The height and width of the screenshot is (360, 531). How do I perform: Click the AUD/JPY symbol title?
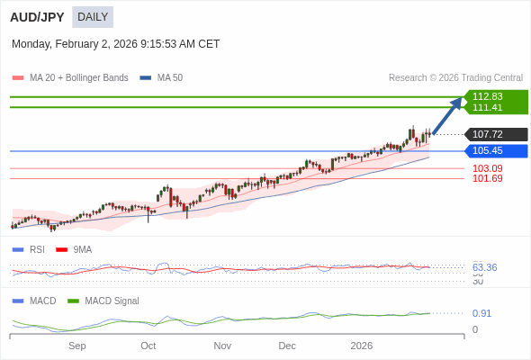(x=37, y=17)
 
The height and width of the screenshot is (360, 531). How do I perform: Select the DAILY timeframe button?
(x=93, y=17)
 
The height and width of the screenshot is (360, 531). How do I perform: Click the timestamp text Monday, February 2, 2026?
(x=115, y=44)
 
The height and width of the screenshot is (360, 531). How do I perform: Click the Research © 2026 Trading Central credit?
(x=455, y=78)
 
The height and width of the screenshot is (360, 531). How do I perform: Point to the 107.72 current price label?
(x=488, y=134)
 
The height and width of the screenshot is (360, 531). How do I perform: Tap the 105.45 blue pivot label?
(x=488, y=151)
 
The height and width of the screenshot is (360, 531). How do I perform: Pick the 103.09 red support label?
(x=487, y=168)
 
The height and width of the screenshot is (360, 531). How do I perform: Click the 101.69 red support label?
(x=487, y=178)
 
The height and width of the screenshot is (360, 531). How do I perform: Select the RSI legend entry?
(x=36, y=249)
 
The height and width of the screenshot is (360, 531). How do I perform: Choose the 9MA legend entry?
(x=82, y=249)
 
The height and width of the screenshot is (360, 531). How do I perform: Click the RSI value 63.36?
(x=484, y=267)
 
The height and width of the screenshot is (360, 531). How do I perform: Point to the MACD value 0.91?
(x=481, y=313)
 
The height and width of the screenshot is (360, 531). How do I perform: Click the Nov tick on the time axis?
(x=222, y=346)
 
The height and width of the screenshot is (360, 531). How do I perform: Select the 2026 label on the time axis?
(x=361, y=346)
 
